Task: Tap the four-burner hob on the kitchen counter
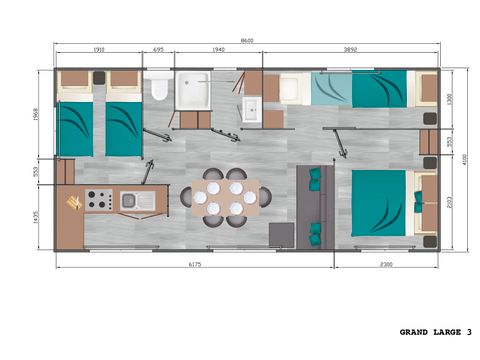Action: point(98,200)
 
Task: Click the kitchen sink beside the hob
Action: point(132,201)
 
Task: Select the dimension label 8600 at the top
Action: point(247,40)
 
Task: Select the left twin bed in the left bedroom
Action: point(74,123)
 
